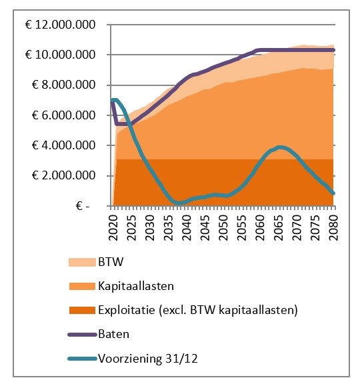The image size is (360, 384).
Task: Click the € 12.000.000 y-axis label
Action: tap(60, 25)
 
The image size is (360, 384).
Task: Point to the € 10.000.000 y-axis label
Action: tap(60, 55)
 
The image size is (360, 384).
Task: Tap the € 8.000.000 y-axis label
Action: tap(63, 85)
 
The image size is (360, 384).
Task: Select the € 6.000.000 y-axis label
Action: tap(63, 115)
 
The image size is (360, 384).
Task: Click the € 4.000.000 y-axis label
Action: tap(63, 145)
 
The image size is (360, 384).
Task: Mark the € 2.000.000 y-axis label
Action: tap(63, 175)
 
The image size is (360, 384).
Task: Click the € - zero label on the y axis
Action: tap(83, 206)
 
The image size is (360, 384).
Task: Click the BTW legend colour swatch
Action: tap(82, 262)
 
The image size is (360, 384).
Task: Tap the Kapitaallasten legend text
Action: tap(136, 286)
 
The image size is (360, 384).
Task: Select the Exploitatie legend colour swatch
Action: tap(82, 310)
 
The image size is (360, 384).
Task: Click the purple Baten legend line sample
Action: tap(82, 335)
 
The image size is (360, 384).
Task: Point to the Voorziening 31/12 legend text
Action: tap(148, 359)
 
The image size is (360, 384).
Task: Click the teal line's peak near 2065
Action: tap(281, 147)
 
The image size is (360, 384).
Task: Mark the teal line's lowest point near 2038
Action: tap(179, 203)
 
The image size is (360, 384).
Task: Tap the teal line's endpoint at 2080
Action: tap(333, 193)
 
